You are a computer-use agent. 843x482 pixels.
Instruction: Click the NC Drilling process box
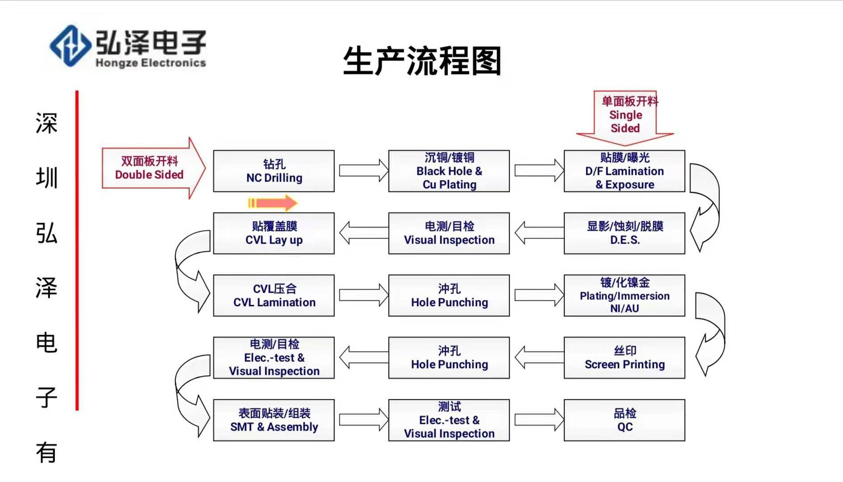[x=274, y=171]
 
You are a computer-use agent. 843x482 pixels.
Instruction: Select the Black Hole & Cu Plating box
[x=449, y=171]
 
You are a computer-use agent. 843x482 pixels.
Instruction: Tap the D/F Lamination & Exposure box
[x=624, y=171]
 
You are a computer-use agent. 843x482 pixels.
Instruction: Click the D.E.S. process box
[x=624, y=233]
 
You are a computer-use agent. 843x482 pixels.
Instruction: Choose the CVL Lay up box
[x=274, y=233]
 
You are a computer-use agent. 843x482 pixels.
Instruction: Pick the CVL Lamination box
[x=274, y=295]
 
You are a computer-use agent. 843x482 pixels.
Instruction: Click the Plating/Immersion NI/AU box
[x=624, y=295]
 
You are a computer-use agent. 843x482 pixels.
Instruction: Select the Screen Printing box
[x=624, y=357]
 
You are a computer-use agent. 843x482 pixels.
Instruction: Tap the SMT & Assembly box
[x=274, y=420]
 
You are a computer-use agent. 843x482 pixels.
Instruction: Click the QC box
[x=624, y=420]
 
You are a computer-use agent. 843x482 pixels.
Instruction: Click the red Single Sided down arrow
[x=625, y=116]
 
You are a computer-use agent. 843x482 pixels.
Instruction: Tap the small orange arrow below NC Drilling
[x=272, y=203]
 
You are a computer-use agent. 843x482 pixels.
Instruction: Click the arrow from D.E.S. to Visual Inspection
[x=538, y=233]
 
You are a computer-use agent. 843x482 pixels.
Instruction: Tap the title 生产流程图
[x=422, y=61]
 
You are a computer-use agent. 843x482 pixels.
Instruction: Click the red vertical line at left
[x=77, y=250]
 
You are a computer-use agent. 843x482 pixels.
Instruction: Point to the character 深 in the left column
[x=46, y=123]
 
